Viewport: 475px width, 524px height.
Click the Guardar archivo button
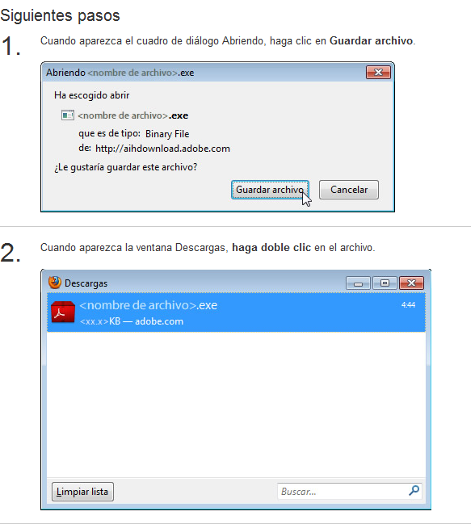pos(270,190)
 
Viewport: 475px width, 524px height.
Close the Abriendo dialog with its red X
pos(378,72)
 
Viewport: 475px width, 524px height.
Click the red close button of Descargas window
pos(411,283)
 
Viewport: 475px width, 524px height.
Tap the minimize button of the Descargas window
pos(358,283)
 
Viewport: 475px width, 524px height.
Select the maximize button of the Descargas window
pos(385,283)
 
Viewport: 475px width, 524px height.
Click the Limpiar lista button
pos(82,492)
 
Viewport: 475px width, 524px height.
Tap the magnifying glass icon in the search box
pos(414,491)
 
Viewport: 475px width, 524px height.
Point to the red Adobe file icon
pos(63,312)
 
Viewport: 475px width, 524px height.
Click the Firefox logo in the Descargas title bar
pos(54,283)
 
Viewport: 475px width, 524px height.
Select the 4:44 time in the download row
pos(408,304)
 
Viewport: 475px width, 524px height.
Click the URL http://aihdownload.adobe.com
pos(162,149)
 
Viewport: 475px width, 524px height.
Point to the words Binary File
pos(167,134)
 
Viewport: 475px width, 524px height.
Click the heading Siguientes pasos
pos(60,15)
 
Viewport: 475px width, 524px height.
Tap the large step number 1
pos(11,45)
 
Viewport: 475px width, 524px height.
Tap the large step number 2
pos(11,252)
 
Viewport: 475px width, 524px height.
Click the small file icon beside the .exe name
pos(68,115)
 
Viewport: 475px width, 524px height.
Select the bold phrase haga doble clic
pos(271,248)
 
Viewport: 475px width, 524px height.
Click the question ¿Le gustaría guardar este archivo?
pos(126,167)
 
